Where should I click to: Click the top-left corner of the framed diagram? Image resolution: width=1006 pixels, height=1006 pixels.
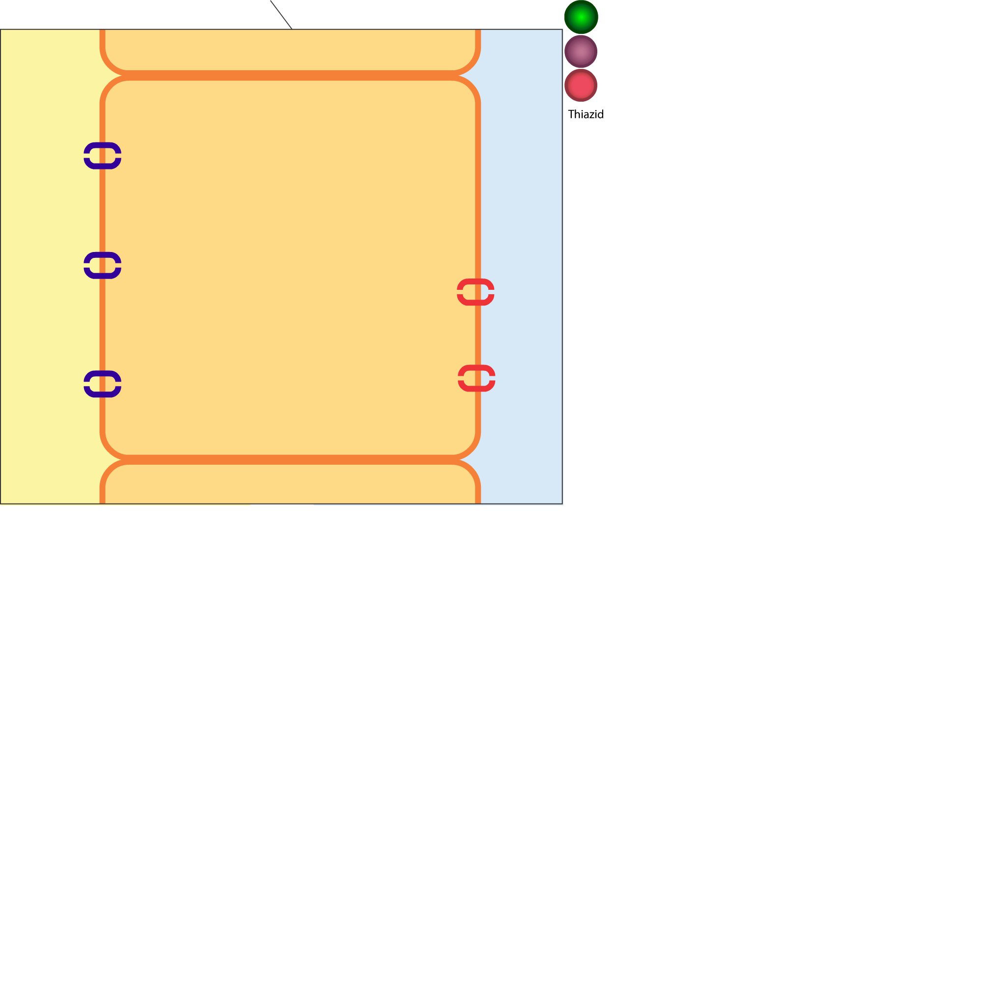click(0, 29)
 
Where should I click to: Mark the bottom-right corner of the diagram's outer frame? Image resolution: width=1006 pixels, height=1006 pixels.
click(562, 503)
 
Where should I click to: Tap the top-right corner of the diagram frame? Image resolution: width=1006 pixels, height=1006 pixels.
click(562, 29)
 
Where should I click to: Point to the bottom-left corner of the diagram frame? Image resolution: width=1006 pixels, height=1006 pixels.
click(0, 503)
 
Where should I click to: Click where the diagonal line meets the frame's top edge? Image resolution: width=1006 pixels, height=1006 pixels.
click(292, 29)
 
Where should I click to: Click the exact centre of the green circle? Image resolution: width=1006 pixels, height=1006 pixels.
click(581, 17)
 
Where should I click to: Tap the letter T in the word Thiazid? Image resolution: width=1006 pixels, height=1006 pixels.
click(571, 114)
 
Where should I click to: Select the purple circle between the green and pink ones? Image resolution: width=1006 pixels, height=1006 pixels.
click(581, 52)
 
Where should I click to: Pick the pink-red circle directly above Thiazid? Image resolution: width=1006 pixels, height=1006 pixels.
click(581, 85)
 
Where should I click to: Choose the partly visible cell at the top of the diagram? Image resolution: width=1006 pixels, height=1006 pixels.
click(290, 50)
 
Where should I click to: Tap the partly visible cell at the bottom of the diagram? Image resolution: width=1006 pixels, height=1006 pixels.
click(290, 482)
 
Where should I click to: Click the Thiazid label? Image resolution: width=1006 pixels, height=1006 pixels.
click(586, 114)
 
